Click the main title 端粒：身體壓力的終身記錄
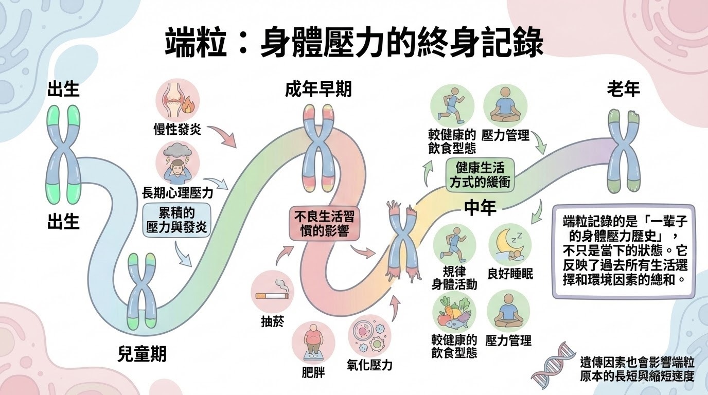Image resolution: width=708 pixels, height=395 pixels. point(354,43)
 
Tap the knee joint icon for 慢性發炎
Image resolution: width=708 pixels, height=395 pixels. point(177,100)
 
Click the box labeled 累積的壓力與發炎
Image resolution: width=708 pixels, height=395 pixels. point(176,219)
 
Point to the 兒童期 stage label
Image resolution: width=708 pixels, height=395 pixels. point(142,354)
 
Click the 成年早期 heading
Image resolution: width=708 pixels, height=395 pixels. point(318,89)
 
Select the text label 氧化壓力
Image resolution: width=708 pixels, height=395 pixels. point(370,365)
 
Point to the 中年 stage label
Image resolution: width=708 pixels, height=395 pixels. point(480,207)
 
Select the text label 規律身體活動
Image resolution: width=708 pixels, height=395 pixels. point(453,278)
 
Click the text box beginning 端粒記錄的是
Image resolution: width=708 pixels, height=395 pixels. point(623,250)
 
